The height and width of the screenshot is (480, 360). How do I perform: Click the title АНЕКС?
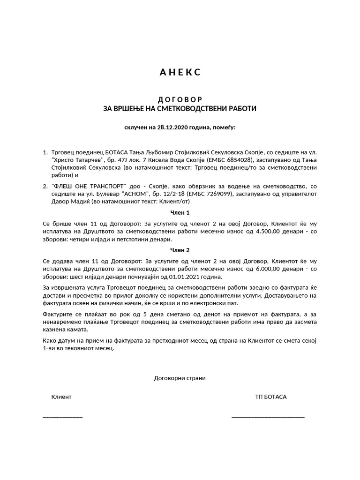(180, 72)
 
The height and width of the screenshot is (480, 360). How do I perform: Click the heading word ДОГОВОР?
(180, 99)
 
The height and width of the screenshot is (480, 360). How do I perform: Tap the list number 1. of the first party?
(45, 152)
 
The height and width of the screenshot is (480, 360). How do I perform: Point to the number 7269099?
(215, 194)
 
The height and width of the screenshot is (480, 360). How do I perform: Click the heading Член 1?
(180, 212)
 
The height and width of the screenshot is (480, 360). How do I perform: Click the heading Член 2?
(180, 250)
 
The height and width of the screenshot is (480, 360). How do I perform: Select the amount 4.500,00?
(275, 231)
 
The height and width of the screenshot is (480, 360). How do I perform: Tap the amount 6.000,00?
(275, 269)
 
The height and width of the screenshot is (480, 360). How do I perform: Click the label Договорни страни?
(180, 378)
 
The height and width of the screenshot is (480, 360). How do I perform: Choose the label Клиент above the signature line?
(61, 397)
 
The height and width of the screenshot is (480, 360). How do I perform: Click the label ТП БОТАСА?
(270, 397)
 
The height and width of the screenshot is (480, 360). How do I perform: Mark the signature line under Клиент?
(62, 416)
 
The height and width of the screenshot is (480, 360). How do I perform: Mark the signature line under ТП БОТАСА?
(268, 416)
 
